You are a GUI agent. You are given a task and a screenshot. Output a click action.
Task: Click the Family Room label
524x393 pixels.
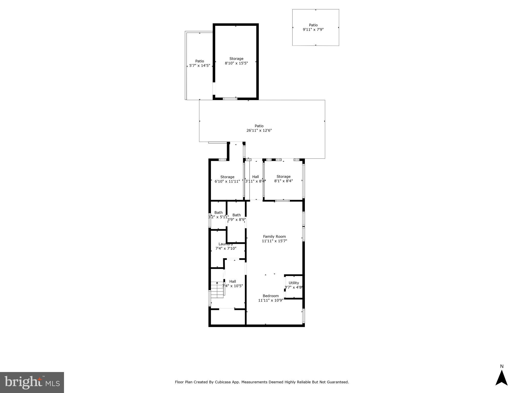(274, 236)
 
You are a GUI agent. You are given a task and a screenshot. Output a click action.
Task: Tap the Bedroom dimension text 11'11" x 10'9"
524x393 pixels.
(271, 300)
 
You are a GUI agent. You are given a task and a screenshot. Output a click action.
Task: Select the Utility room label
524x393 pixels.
(294, 283)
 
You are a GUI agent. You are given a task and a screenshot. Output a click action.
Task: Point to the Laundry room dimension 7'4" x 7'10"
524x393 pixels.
(226, 248)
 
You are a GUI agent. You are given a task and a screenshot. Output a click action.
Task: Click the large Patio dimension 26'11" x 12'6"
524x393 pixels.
(259, 130)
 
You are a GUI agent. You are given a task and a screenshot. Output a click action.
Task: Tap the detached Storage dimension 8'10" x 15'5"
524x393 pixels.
(236, 63)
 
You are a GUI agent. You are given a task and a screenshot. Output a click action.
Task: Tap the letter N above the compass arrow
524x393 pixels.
(502, 366)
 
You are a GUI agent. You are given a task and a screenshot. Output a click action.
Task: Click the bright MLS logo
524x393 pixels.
(32, 382)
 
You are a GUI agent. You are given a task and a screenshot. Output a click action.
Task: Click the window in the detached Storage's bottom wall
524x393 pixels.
(230, 99)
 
